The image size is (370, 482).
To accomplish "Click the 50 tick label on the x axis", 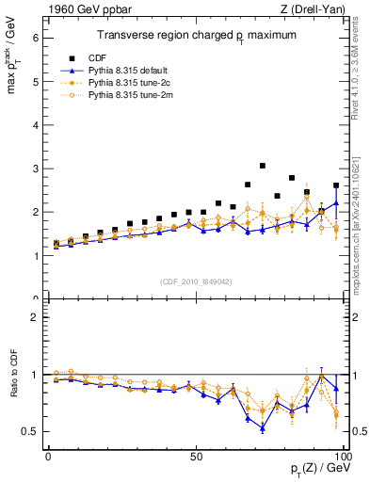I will point(195,456).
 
